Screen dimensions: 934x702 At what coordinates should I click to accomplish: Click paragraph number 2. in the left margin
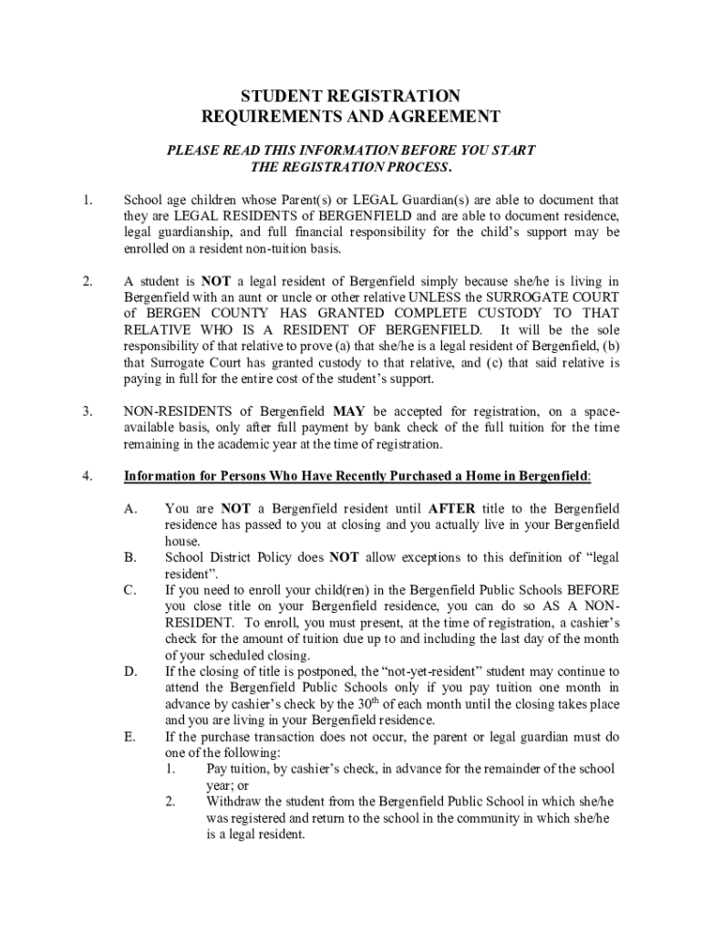pyautogui.click(x=87, y=282)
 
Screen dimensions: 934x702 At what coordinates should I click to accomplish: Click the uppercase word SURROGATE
pyautogui.click(x=512, y=297)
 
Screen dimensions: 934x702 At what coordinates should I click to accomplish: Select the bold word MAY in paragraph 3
pyautogui.click(x=349, y=412)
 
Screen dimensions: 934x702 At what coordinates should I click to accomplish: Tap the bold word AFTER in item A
pyautogui.click(x=451, y=508)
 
